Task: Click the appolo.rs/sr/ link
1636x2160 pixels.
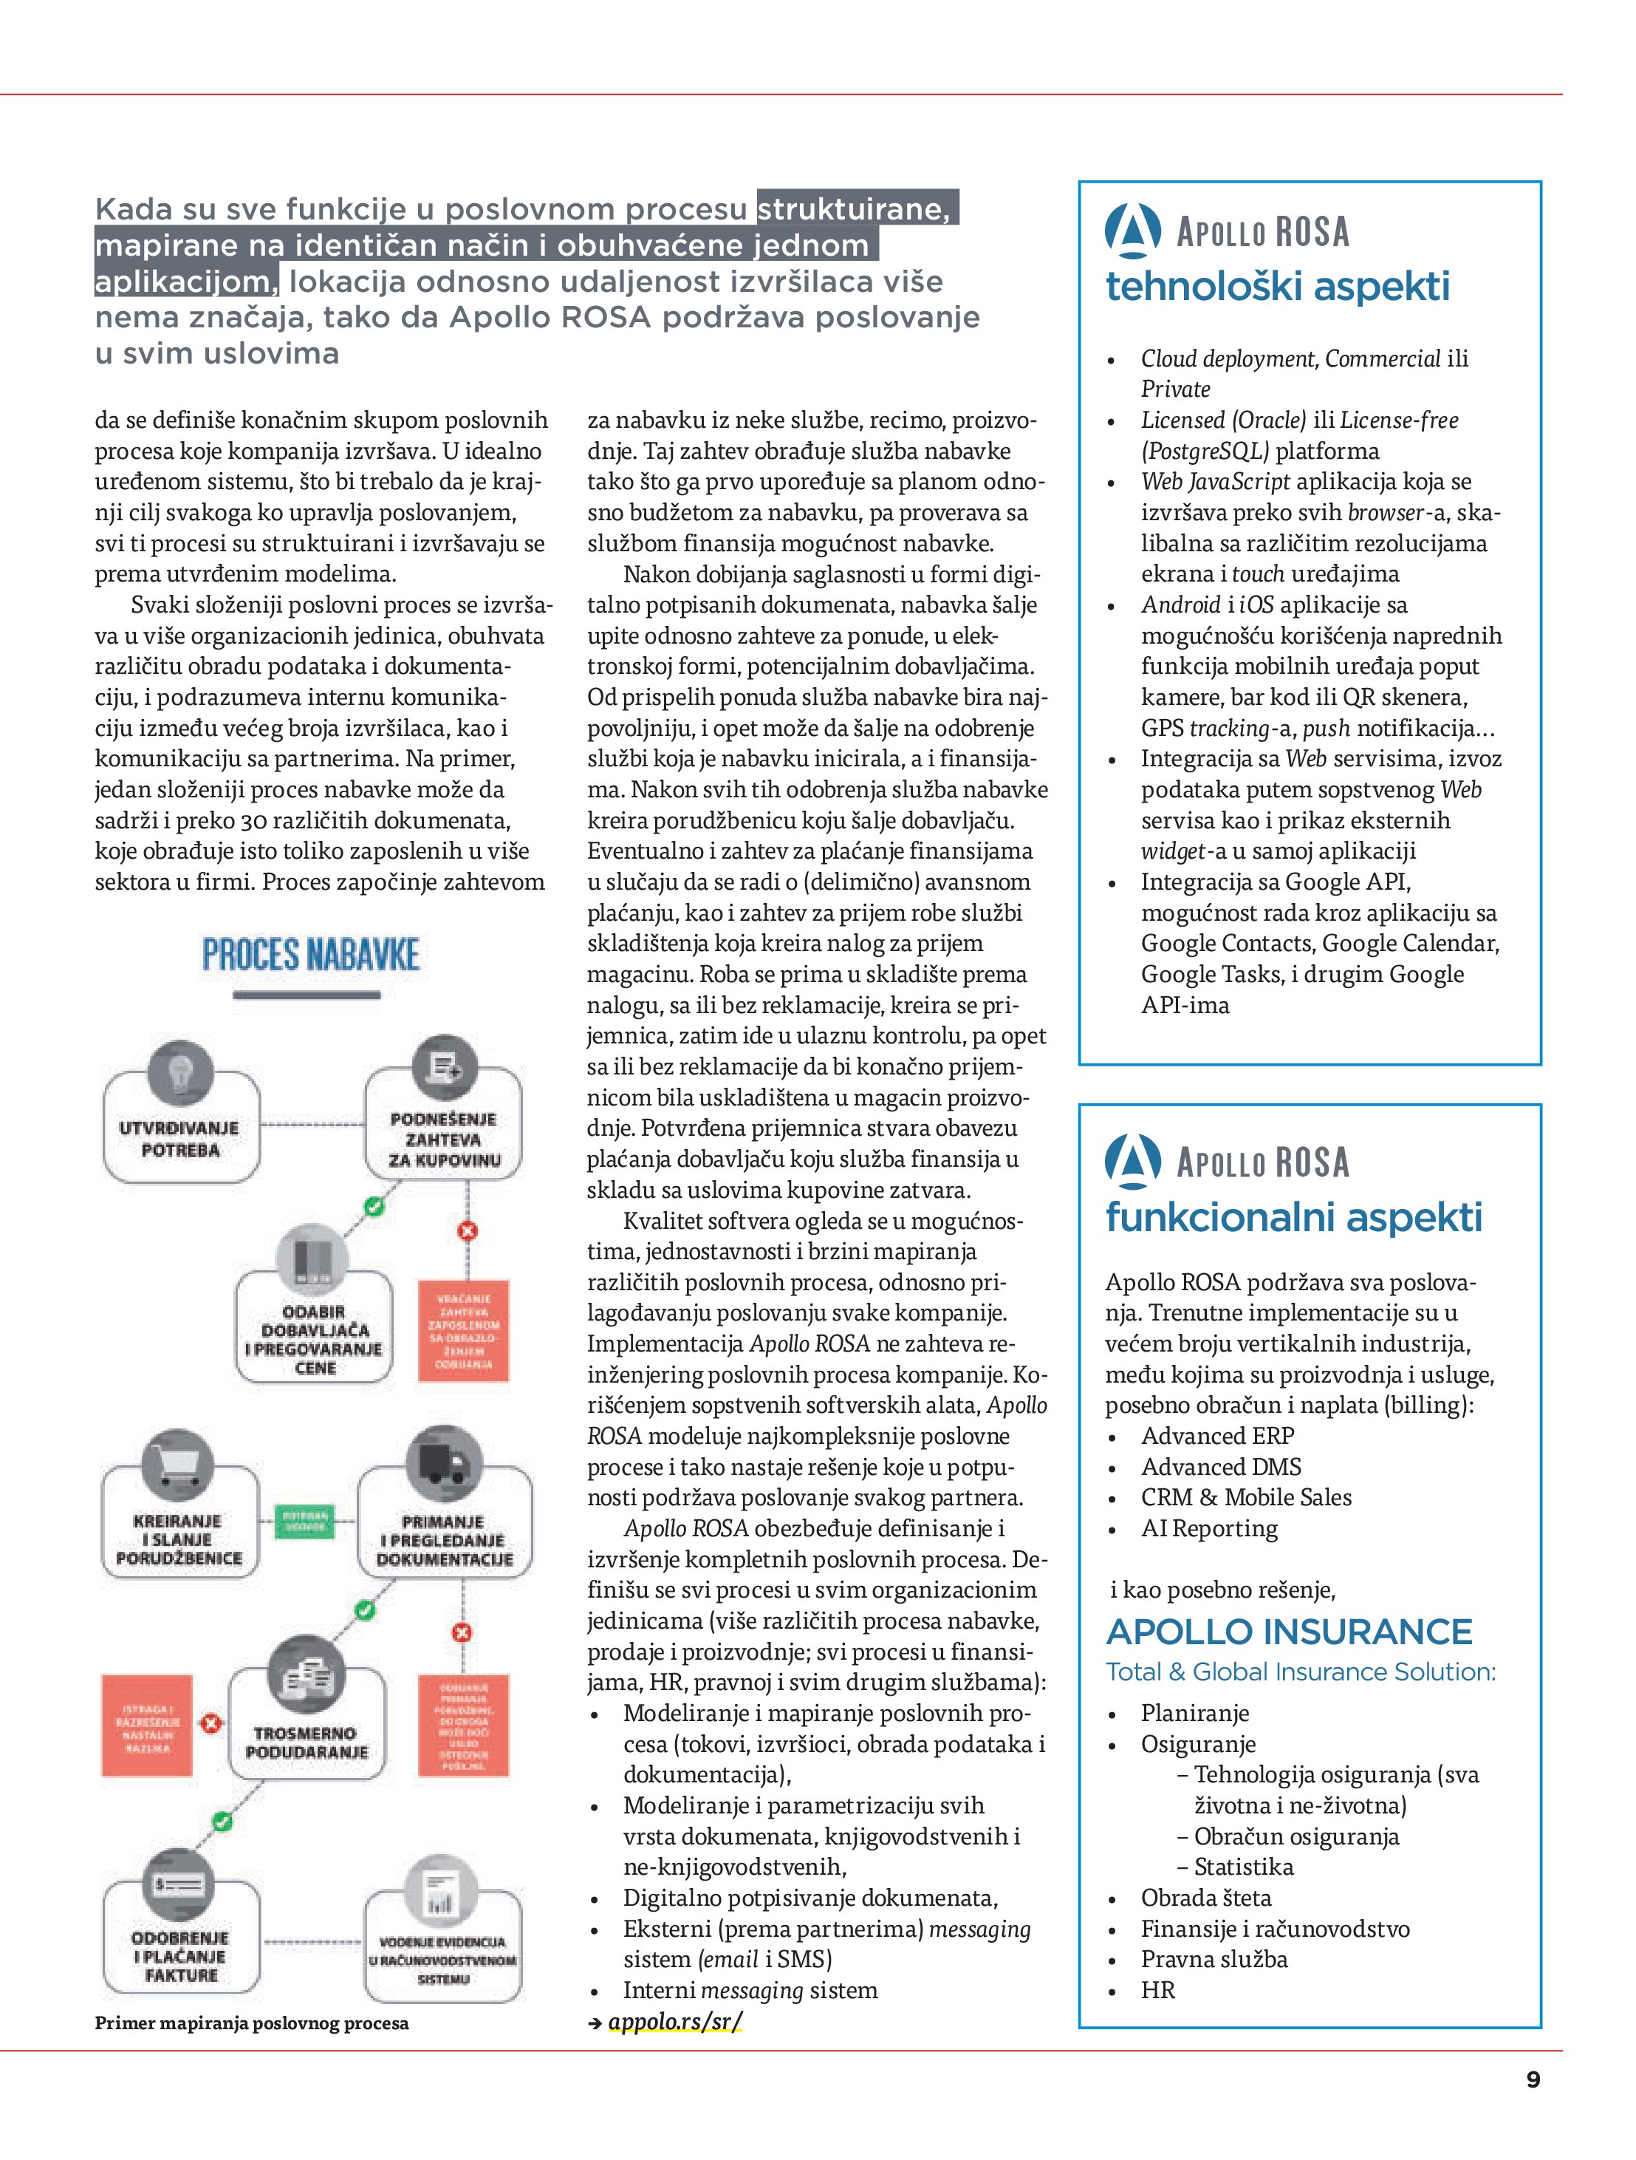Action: (x=674, y=2020)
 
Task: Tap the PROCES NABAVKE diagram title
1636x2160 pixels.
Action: (x=310, y=954)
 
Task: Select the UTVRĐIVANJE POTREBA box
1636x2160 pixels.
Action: (x=180, y=1137)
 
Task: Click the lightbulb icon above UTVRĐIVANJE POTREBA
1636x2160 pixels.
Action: (x=179, y=1072)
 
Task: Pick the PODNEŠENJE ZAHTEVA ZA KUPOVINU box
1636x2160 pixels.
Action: (x=444, y=1139)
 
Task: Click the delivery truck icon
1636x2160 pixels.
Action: (x=444, y=1462)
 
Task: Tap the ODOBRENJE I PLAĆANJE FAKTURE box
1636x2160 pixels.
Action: (x=179, y=1956)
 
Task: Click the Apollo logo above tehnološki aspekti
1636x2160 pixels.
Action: (x=1132, y=232)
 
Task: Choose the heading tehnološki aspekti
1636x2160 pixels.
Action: (x=1277, y=287)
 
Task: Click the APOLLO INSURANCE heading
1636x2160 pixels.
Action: (x=1289, y=1632)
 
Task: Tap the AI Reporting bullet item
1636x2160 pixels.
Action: (x=1208, y=1528)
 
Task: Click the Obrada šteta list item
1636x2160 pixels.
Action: (x=1205, y=1898)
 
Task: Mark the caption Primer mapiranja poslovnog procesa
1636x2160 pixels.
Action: (x=252, y=2023)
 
